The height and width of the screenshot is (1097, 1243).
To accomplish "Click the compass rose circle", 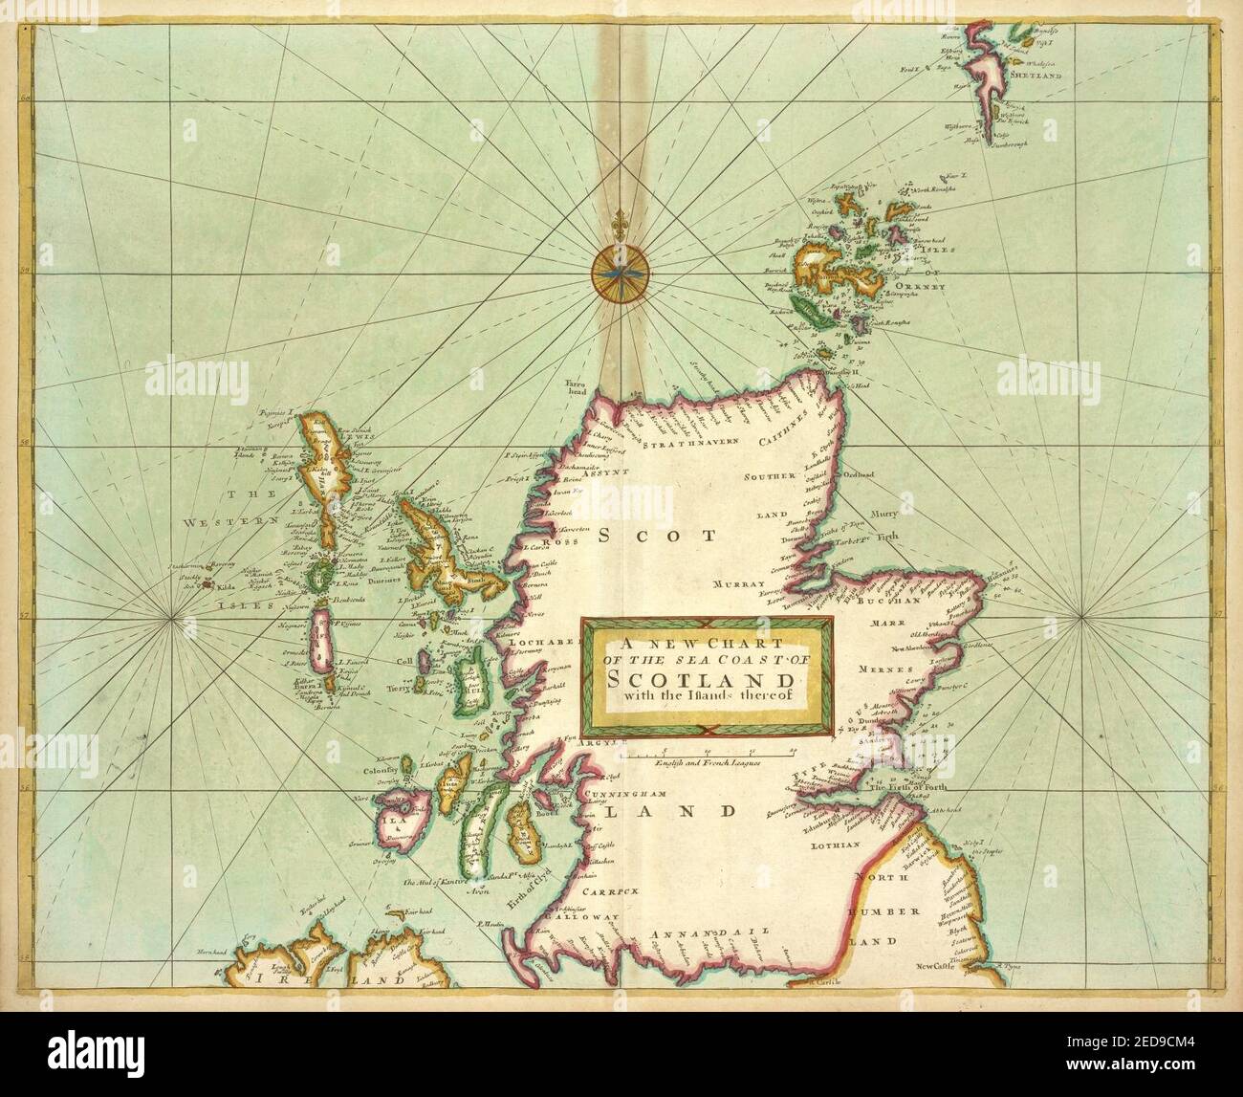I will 621,274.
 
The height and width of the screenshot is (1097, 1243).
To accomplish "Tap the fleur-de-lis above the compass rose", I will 621,218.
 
